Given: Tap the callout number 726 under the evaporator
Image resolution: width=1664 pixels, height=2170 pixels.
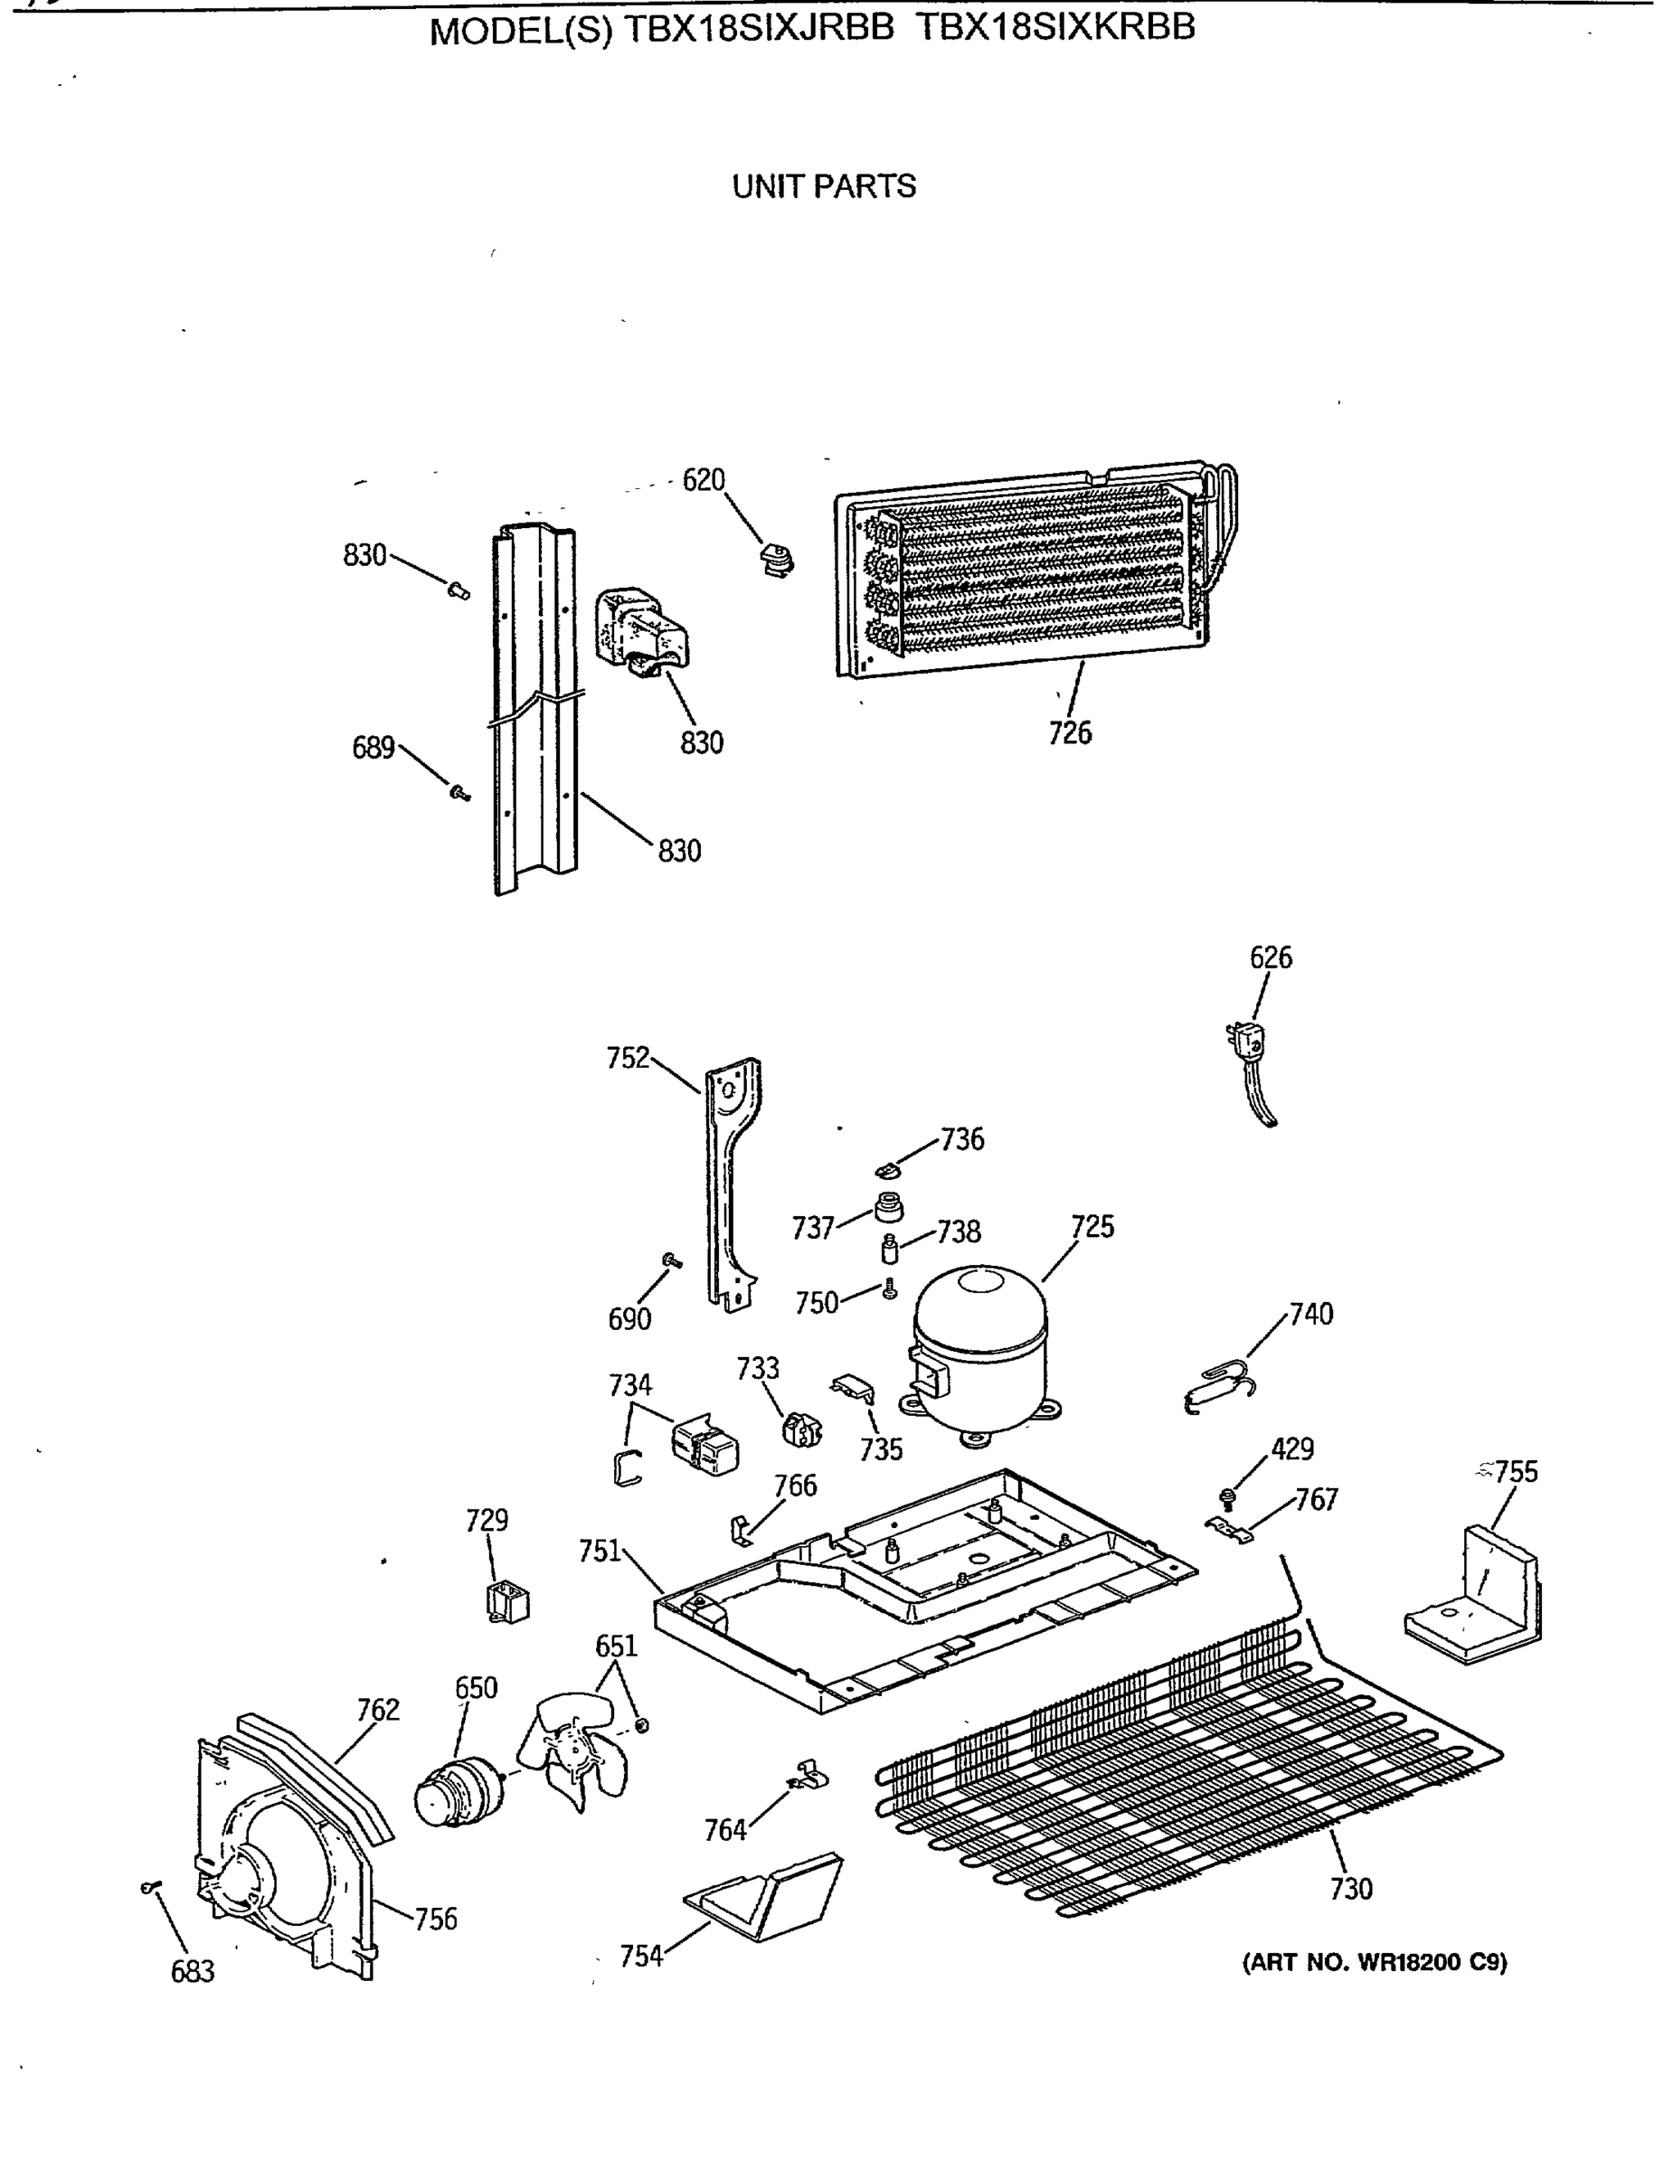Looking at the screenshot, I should click(x=1070, y=733).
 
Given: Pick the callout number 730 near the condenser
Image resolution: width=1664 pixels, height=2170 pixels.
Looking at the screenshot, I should click(x=1351, y=1889).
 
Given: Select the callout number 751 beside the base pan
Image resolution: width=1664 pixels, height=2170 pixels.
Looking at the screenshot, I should click(x=600, y=1550).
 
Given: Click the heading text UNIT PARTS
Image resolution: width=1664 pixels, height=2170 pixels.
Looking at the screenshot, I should click(x=823, y=186).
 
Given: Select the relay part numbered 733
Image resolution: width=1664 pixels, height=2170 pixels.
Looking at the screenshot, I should click(x=801, y=1430).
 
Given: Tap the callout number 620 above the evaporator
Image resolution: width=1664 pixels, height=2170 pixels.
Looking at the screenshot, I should click(x=704, y=480).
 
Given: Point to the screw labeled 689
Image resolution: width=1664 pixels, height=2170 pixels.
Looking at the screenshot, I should click(x=459, y=792).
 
